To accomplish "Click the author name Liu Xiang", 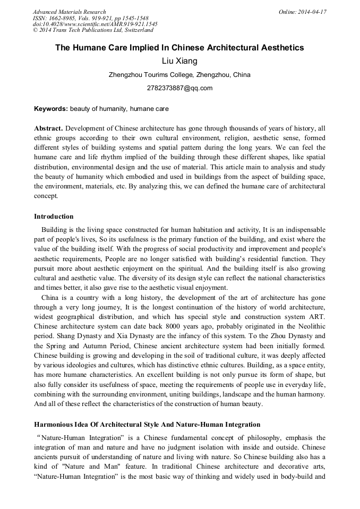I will point(179,62).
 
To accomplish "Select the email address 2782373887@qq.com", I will point(179,88).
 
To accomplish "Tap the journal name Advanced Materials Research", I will point(70,12).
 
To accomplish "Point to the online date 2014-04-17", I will point(313,12).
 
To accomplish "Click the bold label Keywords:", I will point(51,109).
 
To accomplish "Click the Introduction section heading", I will point(54,217).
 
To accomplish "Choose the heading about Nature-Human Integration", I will point(147,425).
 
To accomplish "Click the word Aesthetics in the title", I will point(277,48).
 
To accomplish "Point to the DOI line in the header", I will point(95,24).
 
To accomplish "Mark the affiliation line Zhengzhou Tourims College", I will point(179,75).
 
